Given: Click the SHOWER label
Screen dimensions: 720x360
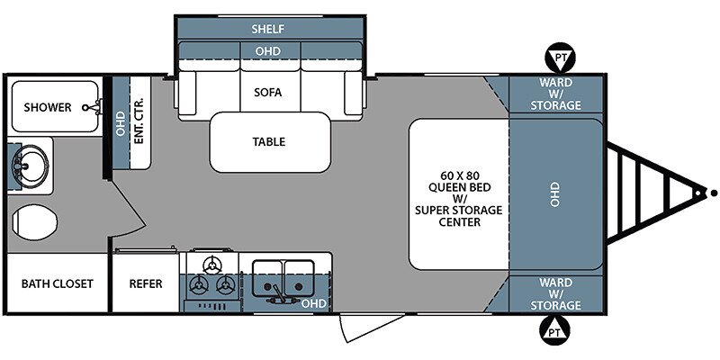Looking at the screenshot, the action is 48,107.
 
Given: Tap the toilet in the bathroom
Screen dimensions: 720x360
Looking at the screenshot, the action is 34,222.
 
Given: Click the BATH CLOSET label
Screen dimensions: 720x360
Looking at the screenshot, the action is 58,283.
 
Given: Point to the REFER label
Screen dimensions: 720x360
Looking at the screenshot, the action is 146,283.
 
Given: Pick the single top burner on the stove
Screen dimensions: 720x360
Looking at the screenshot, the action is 212,265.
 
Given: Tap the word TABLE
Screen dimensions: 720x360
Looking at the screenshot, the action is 268,142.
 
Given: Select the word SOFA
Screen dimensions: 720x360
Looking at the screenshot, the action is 267,93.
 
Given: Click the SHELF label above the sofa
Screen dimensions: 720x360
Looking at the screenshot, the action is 268,30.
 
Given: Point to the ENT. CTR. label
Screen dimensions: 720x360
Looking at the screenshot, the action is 139,121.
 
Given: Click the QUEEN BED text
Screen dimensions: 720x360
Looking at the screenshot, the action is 459,187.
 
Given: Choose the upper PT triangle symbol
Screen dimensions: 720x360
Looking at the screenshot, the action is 560,58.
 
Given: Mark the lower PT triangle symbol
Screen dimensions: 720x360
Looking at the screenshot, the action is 557,330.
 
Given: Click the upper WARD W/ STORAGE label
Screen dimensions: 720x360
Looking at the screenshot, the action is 555,94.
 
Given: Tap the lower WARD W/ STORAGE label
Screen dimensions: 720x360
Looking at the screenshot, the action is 555,293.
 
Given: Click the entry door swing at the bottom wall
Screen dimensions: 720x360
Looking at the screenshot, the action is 371,327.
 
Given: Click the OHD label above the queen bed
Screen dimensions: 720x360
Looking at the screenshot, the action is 555,194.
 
